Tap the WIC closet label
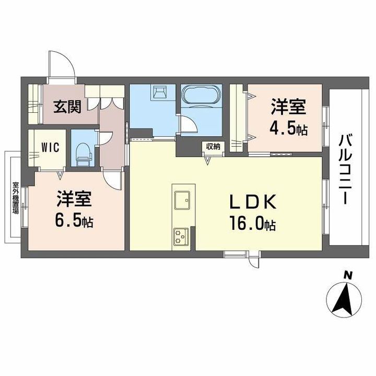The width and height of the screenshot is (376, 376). coord(49,146)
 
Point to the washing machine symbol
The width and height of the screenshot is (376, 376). coord(159,92)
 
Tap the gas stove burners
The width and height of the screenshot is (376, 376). coord(182,236)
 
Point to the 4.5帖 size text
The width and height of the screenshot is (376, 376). coord(288,128)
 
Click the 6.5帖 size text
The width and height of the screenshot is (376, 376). coord(75,220)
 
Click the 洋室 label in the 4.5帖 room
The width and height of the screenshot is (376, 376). coord(288,108)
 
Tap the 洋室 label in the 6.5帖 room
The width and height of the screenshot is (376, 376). coord(75,199)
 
